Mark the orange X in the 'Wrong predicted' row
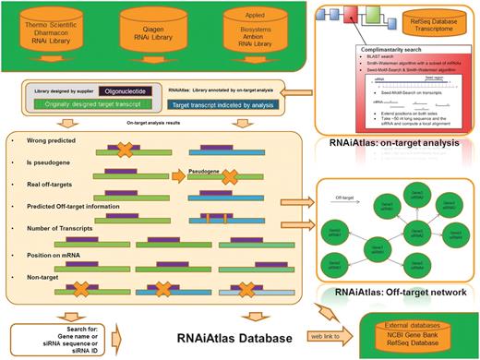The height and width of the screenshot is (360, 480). (131, 149)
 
